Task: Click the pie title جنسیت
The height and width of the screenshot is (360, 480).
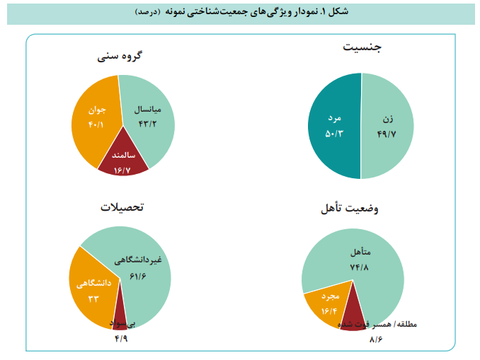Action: click(x=362, y=48)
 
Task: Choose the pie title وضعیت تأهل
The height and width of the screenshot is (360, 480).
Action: click(x=349, y=209)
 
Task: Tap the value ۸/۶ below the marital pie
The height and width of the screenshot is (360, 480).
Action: click(x=376, y=339)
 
